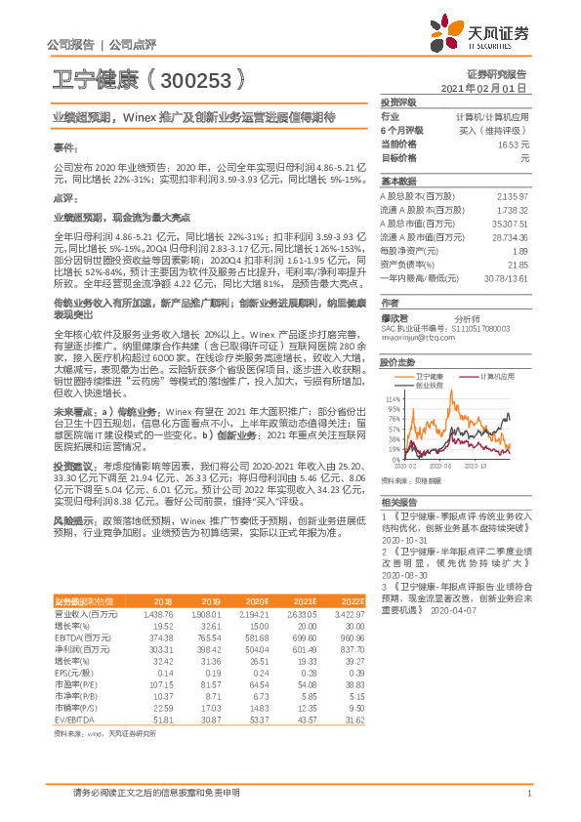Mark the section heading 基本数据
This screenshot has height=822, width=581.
(x=397, y=183)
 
